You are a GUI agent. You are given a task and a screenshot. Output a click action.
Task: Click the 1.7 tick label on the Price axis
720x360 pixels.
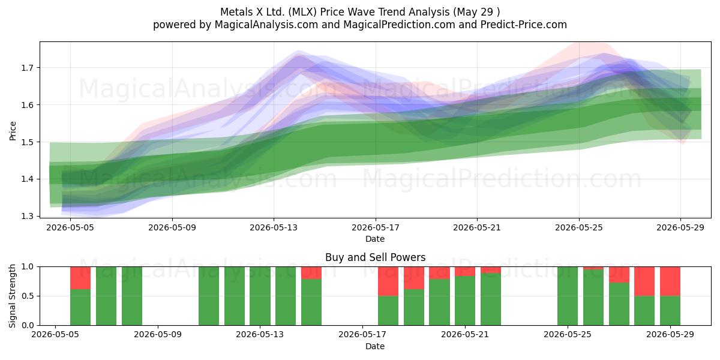[x=26, y=68]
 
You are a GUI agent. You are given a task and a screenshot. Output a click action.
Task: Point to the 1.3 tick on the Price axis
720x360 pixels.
[x=26, y=216]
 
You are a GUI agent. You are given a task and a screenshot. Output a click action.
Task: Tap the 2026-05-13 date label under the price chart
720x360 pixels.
[x=274, y=227]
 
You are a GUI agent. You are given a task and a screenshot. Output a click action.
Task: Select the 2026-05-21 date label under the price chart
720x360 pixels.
[x=477, y=227]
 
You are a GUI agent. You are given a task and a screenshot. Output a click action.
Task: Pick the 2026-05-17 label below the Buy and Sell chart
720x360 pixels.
[x=362, y=335]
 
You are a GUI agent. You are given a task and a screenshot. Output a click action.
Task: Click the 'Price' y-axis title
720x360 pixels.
[x=13, y=131]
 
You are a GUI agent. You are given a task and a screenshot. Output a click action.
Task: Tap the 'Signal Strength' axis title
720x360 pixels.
[x=12, y=296]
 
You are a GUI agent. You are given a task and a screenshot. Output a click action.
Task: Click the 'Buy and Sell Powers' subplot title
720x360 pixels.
[x=375, y=257]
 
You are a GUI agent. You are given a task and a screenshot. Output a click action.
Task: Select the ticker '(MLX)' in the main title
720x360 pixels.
[x=302, y=12]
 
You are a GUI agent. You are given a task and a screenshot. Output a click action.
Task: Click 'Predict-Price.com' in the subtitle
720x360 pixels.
[x=524, y=25]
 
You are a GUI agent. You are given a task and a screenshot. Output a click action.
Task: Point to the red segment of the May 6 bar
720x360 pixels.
[x=80, y=278]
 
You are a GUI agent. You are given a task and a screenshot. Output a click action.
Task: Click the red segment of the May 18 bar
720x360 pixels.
[x=388, y=281]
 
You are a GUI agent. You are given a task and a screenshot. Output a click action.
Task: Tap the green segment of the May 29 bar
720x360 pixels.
[x=670, y=311]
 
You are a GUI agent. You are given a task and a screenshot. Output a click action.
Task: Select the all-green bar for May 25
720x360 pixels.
[x=568, y=296]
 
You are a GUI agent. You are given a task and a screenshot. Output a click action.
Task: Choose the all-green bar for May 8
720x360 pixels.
[x=132, y=296]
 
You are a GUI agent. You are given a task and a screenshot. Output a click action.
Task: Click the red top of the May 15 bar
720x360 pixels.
[x=311, y=273]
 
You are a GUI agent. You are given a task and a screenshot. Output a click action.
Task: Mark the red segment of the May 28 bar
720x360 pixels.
[x=644, y=281]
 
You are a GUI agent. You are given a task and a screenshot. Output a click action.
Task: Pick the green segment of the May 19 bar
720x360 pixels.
[x=414, y=307]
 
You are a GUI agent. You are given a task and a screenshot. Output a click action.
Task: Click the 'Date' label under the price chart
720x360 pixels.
[x=375, y=239]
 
